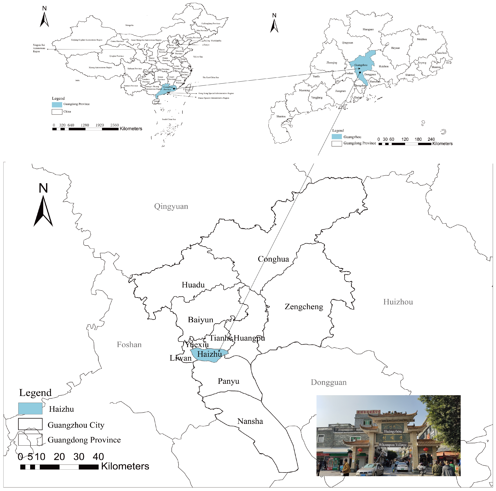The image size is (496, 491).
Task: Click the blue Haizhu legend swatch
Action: tap(30, 408)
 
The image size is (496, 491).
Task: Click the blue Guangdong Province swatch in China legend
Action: tap(57, 104)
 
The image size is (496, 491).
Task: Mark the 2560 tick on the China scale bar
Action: tap(114, 125)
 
